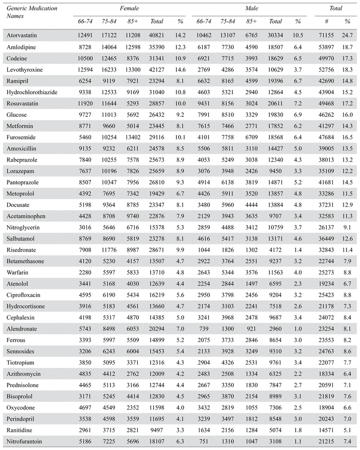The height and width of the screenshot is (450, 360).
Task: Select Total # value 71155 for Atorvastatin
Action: coord(326,35)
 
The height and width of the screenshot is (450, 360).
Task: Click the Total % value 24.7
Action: coord(347,35)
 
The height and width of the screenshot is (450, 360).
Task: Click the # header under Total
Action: coord(326,22)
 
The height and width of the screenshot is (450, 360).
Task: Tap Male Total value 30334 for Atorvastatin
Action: coord(276,35)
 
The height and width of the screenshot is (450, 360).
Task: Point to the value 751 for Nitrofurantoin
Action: coord(205,441)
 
